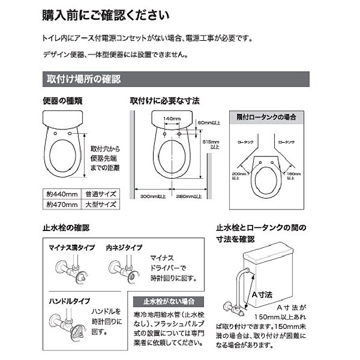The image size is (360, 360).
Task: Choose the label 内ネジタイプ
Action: [x=124, y=247]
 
